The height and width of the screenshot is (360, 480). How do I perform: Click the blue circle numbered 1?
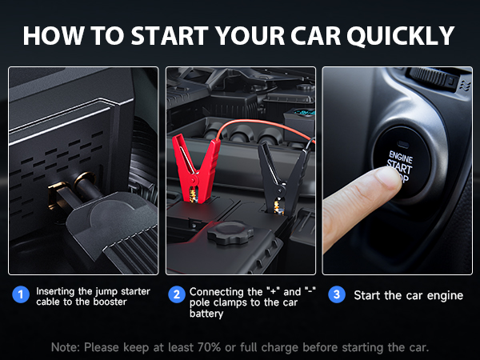[x=22, y=294]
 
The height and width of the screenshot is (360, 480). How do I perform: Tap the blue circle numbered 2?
[x=177, y=294]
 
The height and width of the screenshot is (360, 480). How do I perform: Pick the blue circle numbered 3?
[x=337, y=294]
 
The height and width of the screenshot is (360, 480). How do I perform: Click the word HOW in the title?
[x=50, y=37]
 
